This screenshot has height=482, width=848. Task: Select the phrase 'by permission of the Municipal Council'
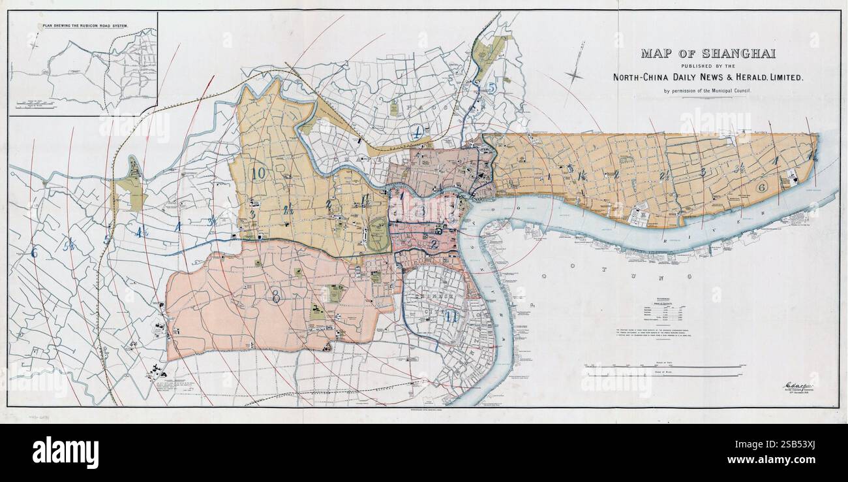coord(708,90)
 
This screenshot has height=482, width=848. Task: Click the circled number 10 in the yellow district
coord(258,173)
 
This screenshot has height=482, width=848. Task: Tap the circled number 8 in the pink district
coord(276,296)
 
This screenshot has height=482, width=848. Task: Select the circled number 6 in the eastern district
coord(761,187)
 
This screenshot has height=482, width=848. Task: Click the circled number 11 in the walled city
coord(452,317)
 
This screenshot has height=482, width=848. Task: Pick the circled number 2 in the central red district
coord(434,244)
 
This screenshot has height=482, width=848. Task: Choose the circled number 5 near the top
coord(491,87)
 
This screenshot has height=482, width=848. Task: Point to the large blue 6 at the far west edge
coord(34,253)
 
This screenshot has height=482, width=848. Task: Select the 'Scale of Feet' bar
coord(662,366)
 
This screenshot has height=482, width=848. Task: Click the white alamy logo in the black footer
coord(65,452)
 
